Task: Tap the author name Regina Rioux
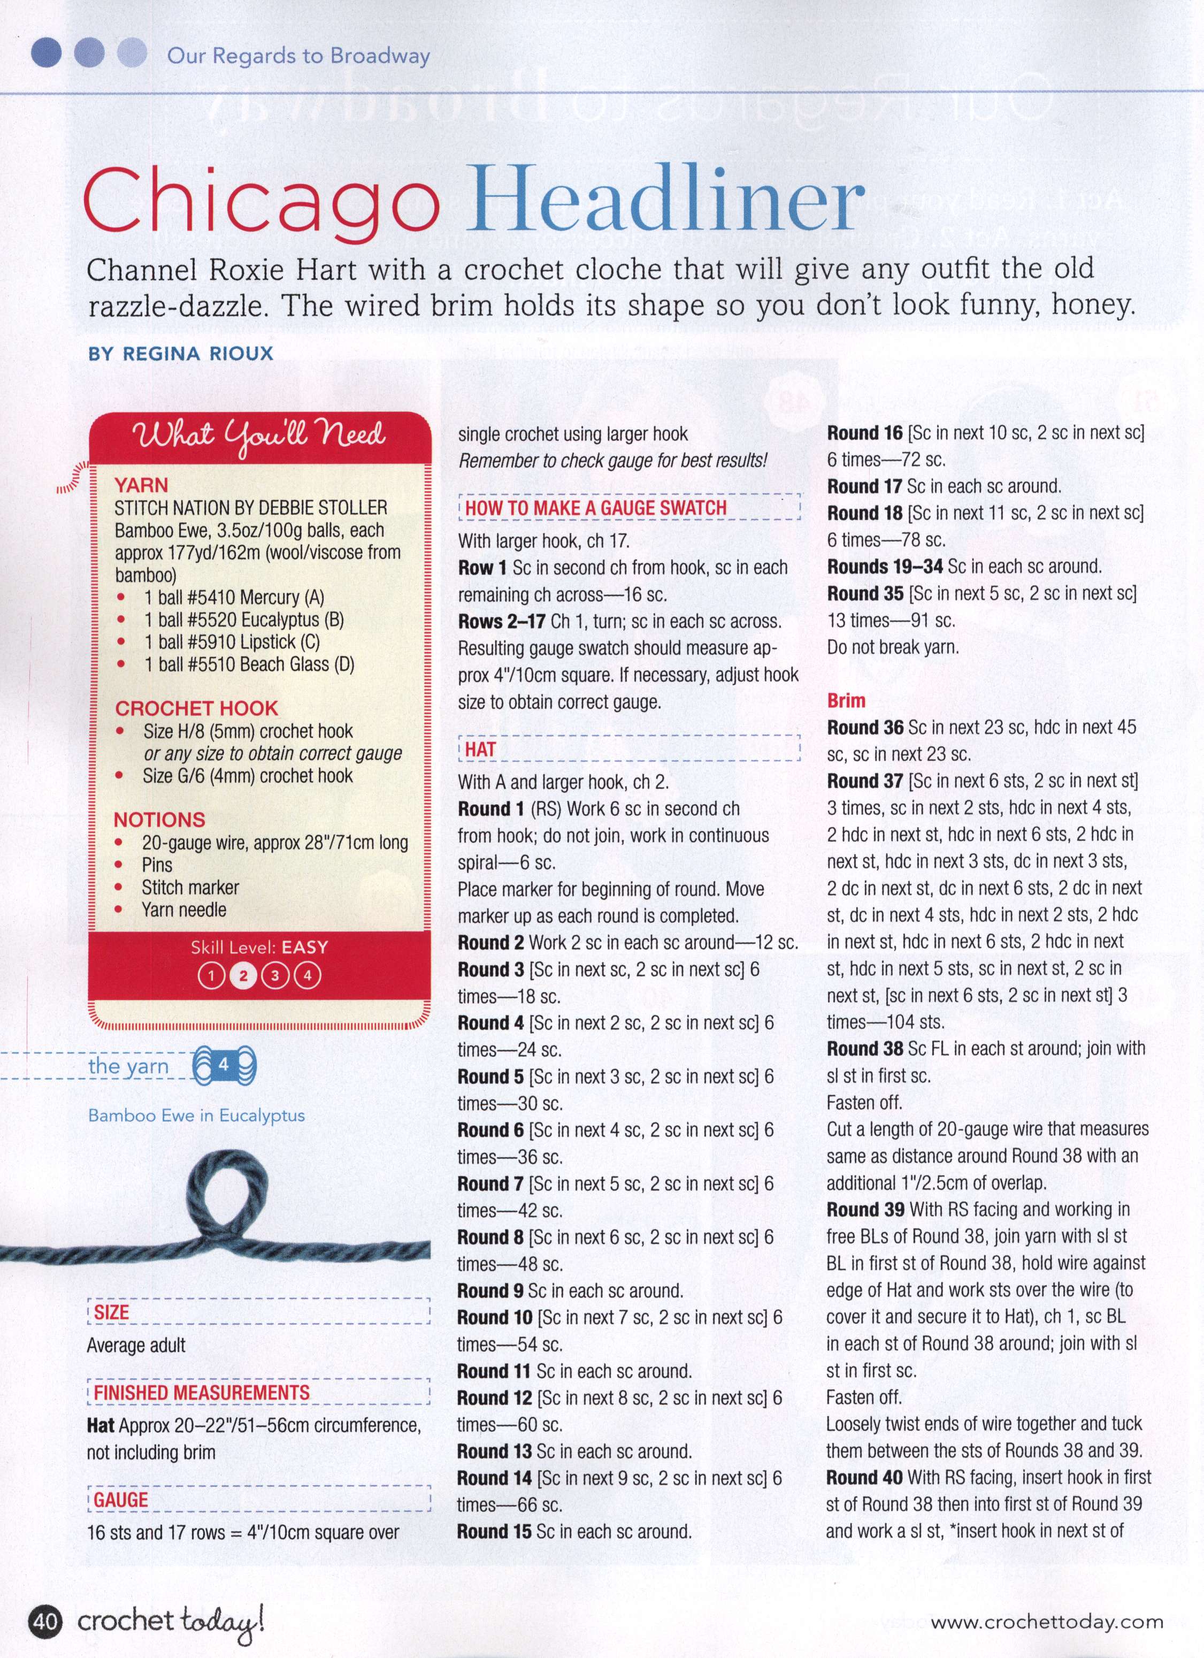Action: tap(181, 354)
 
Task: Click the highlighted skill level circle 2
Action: tap(243, 975)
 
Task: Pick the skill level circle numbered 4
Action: tap(308, 975)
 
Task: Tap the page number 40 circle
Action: tap(44, 1623)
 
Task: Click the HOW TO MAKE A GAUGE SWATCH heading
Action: tap(596, 507)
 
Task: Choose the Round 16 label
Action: tap(865, 433)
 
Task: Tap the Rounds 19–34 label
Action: tap(885, 567)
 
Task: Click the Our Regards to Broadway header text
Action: tap(298, 56)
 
